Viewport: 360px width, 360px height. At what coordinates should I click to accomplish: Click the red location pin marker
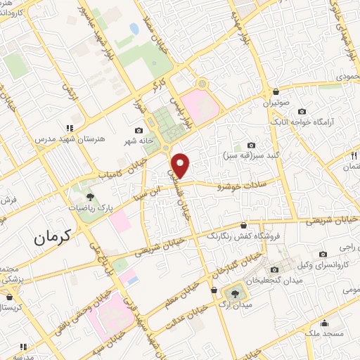coord(182,165)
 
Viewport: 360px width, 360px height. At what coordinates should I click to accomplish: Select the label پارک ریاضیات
coord(90,208)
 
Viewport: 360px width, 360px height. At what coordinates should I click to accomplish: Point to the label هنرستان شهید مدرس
coord(69,139)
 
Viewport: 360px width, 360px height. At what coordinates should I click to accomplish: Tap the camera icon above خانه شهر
coord(139,131)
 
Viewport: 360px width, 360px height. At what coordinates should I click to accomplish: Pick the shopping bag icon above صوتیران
coord(276,91)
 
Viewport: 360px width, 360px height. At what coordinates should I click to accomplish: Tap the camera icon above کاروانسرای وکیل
coord(323,254)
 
